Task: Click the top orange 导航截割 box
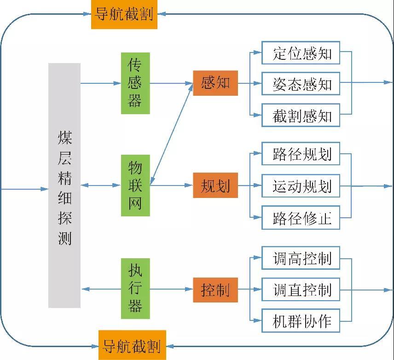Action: tap(124, 14)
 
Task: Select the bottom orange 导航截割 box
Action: tap(132, 345)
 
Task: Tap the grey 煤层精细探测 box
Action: tap(64, 185)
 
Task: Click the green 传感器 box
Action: tap(135, 83)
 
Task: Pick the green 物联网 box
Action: tap(135, 185)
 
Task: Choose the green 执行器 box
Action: tap(135, 289)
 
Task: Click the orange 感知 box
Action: tap(215, 83)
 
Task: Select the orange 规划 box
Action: tap(215, 186)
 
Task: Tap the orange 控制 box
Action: tap(215, 290)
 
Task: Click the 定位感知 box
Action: tap(301, 53)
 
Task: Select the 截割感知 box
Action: tap(301, 115)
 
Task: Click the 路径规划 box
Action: tap(301, 154)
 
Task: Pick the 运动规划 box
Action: tap(301, 186)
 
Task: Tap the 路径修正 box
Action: tap(301, 217)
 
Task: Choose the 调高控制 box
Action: tap(301, 258)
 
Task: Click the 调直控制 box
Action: tap(301, 290)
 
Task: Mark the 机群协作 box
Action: tap(301, 320)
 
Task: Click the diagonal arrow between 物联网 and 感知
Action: tap(171, 134)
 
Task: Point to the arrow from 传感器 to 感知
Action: tap(171, 83)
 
